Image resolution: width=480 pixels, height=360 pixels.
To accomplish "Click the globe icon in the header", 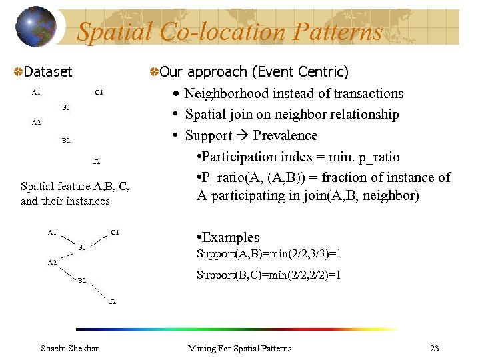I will click(x=36, y=27).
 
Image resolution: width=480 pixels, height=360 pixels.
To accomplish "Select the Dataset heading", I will click(x=47, y=71).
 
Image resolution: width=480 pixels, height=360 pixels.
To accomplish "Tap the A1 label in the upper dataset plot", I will click(x=36, y=92).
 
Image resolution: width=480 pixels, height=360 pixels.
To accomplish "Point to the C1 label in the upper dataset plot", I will click(x=99, y=92).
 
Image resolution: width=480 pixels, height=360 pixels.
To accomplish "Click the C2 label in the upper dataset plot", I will click(x=96, y=161).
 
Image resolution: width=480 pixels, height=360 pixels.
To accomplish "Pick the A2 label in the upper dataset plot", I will click(x=36, y=122).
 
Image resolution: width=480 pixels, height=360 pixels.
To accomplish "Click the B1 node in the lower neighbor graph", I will click(x=81, y=247).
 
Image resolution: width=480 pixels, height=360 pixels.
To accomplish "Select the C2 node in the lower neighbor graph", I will click(x=113, y=301).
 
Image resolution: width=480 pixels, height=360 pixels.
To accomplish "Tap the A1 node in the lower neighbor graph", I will click(x=52, y=232).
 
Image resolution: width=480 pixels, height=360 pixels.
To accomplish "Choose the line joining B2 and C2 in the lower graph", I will click(x=98, y=290).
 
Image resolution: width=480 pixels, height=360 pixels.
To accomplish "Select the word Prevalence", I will click(x=285, y=136).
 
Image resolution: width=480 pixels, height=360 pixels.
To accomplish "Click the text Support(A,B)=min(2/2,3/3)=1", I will click(x=269, y=254).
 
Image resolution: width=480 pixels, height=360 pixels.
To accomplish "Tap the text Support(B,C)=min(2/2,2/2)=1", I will click(x=269, y=275).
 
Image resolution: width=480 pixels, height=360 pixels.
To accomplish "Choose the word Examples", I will click(x=230, y=237).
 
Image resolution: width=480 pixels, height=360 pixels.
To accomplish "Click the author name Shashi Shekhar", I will click(x=69, y=348).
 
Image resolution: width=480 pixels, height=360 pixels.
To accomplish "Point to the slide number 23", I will click(x=435, y=348).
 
